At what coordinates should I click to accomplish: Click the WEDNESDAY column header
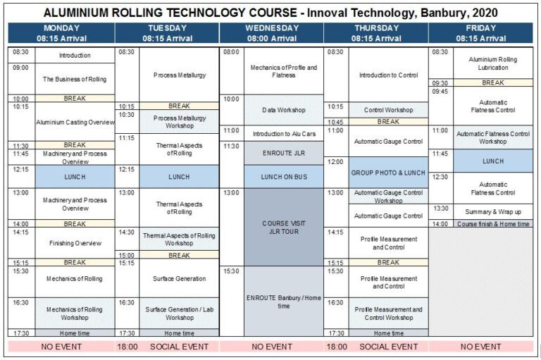(272, 33)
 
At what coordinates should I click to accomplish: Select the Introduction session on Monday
(75, 55)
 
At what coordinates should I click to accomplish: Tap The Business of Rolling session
(75, 79)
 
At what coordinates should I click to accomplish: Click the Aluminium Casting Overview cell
(75, 122)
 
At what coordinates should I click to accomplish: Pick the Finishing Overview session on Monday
(75, 243)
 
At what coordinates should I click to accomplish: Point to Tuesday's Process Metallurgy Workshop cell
(179, 122)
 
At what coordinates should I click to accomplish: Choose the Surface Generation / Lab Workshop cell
(179, 313)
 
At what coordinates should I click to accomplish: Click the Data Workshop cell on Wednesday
(284, 111)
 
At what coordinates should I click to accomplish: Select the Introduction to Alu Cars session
(284, 132)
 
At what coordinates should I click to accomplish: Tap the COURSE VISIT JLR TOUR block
(284, 228)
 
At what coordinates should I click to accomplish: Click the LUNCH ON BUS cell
(284, 176)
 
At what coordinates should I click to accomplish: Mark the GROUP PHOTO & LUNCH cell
(388, 173)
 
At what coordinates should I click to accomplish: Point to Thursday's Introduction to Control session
(388, 75)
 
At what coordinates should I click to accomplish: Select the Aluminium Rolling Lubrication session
(493, 63)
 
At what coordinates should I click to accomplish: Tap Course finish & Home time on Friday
(493, 224)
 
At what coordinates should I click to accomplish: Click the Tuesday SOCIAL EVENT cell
(179, 347)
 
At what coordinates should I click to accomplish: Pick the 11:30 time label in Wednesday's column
(232, 146)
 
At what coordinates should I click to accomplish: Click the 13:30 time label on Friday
(440, 209)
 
